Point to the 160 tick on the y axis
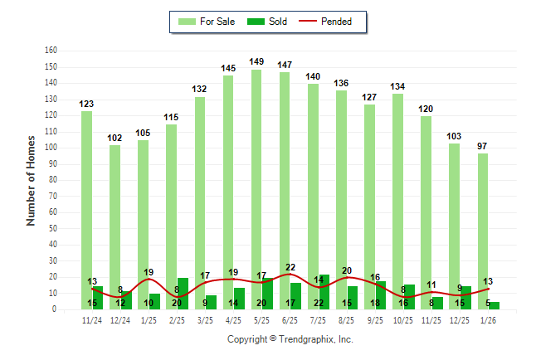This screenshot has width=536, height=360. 51,50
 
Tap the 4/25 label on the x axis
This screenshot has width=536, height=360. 233,320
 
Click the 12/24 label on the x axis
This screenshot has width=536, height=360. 120,320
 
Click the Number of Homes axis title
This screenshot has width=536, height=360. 31,179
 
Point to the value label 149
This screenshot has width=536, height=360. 256,61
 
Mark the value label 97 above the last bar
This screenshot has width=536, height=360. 482,146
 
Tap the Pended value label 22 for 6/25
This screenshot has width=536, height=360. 290,267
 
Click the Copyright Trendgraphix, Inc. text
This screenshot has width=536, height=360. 290,339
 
